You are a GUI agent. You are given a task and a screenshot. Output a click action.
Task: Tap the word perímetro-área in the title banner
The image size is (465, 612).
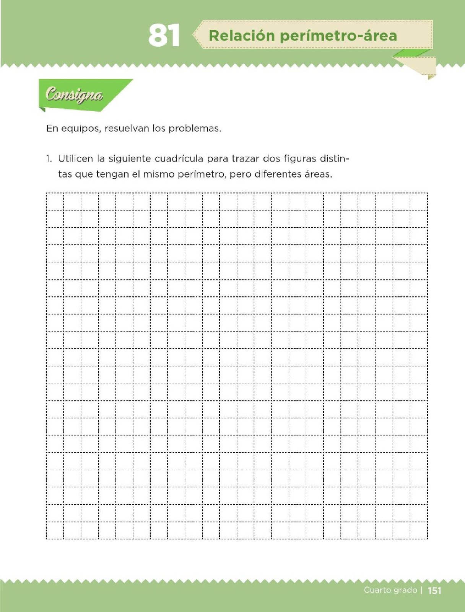pyautogui.click(x=338, y=36)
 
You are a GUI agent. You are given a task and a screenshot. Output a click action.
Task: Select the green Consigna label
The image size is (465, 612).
pyautogui.click(x=74, y=94)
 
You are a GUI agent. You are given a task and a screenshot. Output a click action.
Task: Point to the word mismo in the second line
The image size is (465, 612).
pyautogui.click(x=158, y=174)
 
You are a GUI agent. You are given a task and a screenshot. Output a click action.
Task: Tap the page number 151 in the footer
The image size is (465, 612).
pyautogui.click(x=434, y=591)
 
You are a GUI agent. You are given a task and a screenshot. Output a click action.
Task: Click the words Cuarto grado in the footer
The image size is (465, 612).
pyautogui.click(x=390, y=590)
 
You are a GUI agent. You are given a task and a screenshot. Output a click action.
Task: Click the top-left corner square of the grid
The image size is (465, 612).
pyautogui.click(x=55, y=202)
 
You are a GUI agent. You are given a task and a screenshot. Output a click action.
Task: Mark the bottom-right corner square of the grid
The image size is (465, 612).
pyautogui.click(x=419, y=531)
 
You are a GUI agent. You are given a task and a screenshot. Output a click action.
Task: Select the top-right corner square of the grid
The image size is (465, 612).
pyautogui.click(x=419, y=202)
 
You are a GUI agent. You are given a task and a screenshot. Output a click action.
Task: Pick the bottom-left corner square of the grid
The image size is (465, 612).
pyautogui.click(x=55, y=531)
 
